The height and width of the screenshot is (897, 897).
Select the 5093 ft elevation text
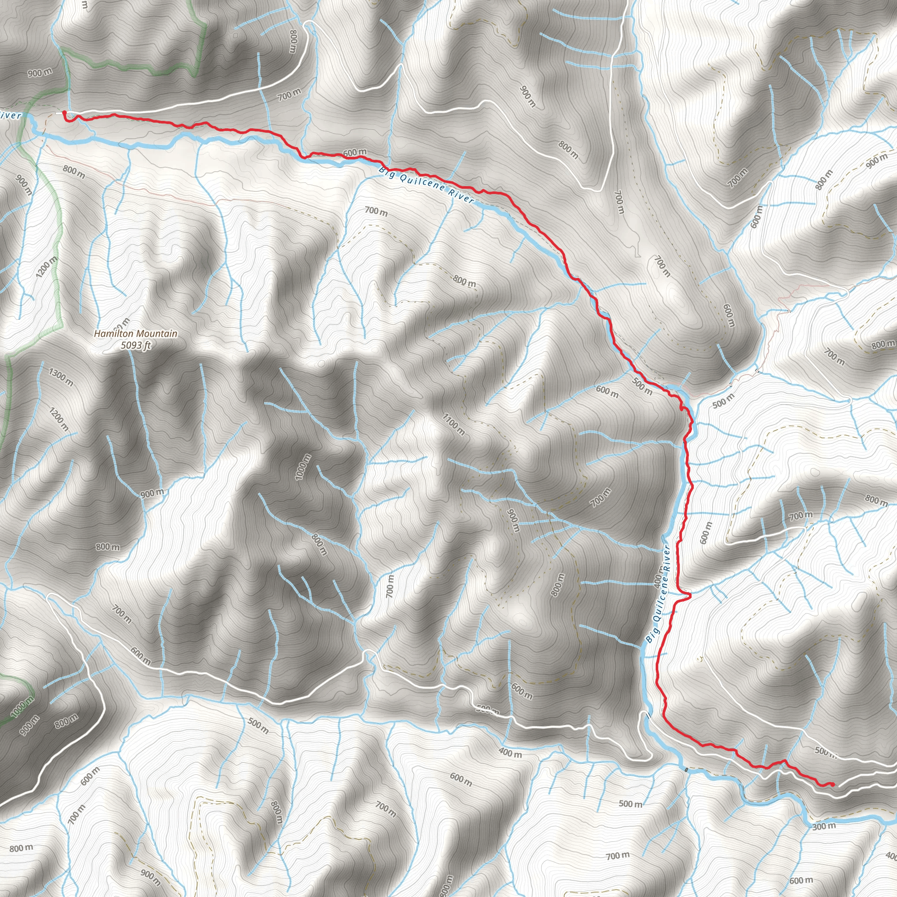(136, 345)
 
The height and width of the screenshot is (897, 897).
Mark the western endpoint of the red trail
(64, 113)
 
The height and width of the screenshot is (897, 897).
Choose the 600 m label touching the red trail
(355, 153)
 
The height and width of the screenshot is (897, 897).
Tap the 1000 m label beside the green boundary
(22, 707)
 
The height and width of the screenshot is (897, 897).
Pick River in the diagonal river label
(462, 197)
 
